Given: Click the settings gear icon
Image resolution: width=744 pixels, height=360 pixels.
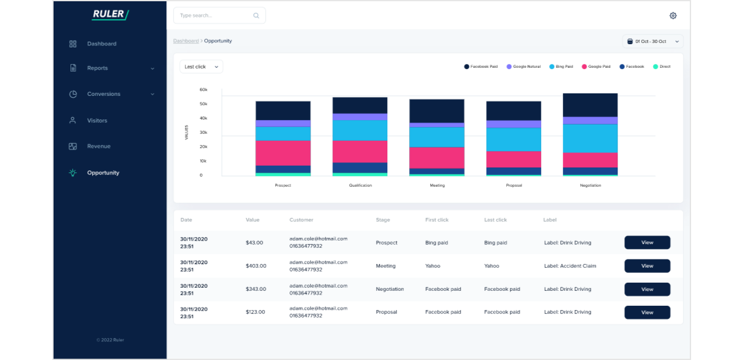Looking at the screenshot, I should tap(673, 16).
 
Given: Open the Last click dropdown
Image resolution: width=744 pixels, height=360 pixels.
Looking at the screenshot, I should tap(201, 67).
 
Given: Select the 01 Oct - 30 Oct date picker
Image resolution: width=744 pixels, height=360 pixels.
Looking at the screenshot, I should tap(652, 42).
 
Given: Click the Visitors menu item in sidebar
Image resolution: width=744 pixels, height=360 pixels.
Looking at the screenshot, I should tap(97, 120).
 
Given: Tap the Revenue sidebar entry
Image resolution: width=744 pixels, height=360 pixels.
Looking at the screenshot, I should tap(98, 146).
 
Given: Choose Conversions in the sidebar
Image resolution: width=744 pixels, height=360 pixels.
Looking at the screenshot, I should tap(103, 94).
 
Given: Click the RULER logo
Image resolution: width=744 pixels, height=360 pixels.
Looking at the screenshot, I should tap(110, 14).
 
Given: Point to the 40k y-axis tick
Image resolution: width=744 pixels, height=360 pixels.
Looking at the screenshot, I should tap(204, 118).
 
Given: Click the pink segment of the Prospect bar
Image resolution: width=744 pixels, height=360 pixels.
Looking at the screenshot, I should tap(283, 153).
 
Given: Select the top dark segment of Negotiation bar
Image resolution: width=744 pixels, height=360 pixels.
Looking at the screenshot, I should tap(590, 105).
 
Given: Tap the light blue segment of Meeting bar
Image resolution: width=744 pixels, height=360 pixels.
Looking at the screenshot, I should tap(436, 137).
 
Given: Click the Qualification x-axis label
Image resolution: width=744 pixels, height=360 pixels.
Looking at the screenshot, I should tap(360, 186).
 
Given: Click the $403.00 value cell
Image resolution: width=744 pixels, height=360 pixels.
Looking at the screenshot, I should tap(256, 266).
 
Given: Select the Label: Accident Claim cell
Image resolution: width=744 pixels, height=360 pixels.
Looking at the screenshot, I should tap(570, 266).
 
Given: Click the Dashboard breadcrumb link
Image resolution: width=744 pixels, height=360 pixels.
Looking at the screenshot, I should tap(186, 41).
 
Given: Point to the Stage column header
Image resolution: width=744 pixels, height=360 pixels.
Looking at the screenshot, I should tap(383, 220).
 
